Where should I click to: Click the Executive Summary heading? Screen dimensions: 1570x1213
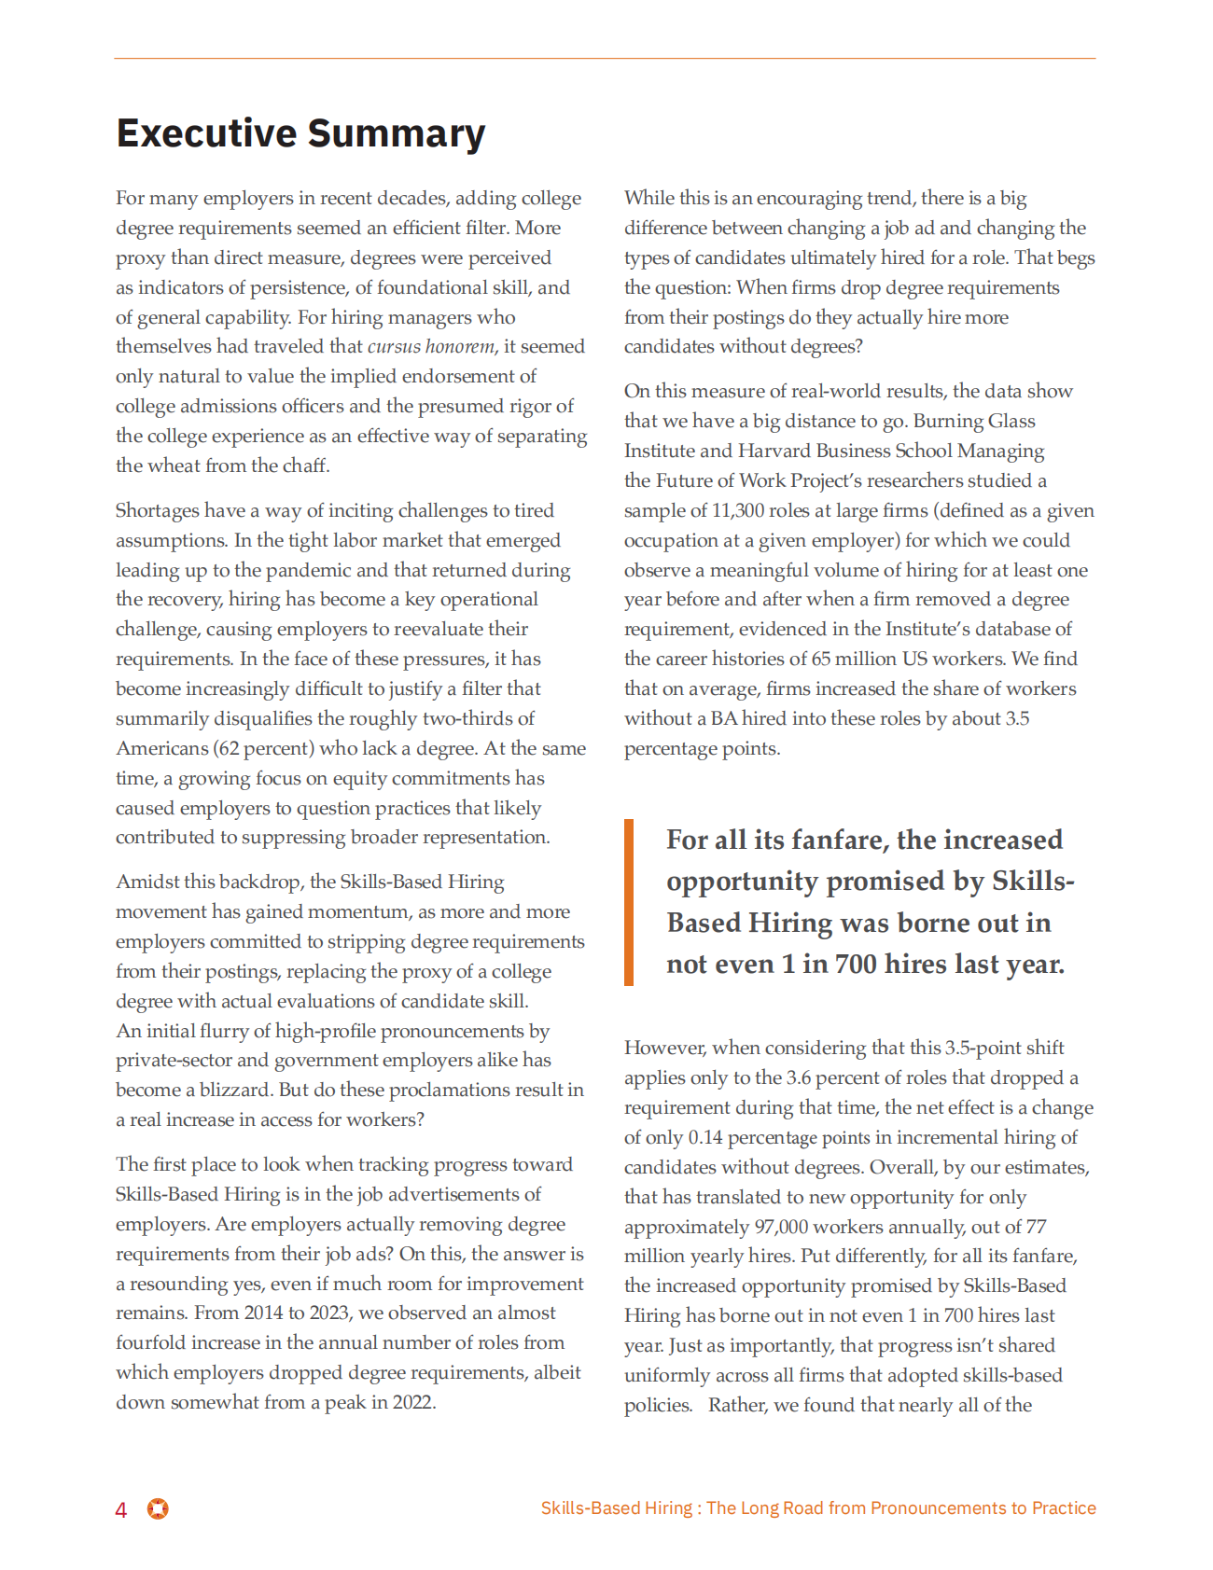pyautogui.click(x=300, y=133)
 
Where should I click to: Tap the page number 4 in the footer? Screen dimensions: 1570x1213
pyautogui.click(x=121, y=1510)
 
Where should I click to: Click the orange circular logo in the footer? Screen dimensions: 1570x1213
pyautogui.click(x=158, y=1508)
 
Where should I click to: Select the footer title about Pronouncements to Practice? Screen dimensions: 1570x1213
pyautogui.click(x=818, y=1508)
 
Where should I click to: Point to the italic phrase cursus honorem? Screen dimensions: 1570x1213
pyautogui.click(x=430, y=347)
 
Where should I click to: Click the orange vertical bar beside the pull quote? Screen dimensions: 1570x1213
pyautogui.click(x=629, y=902)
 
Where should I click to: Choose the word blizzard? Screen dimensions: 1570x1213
pyautogui.click(x=234, y=1091)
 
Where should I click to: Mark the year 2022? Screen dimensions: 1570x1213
pyautogui.click(x=412, y=1402)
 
